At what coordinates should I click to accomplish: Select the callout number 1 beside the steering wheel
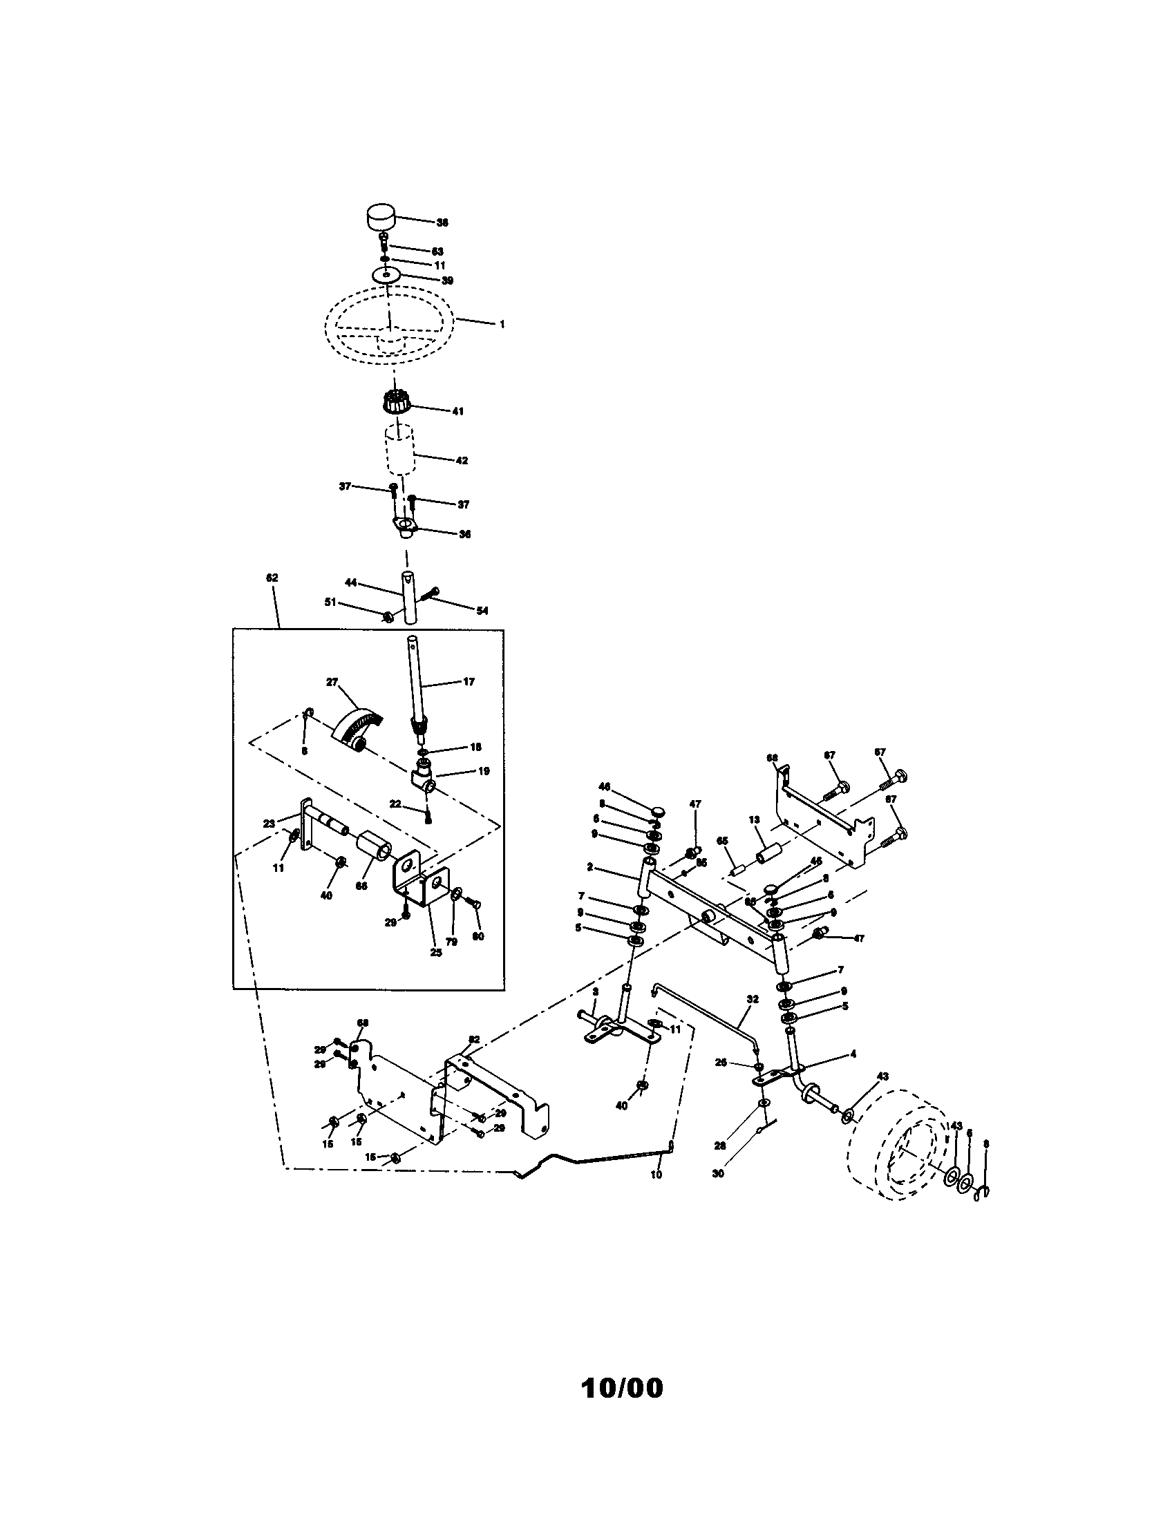click(502, 324)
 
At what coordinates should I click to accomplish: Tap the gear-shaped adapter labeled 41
click(397, 402)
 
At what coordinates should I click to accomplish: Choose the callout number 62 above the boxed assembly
click(272, 578)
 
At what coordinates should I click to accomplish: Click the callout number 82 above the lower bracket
click(474, 1058)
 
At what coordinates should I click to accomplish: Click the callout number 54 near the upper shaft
click(482, 611)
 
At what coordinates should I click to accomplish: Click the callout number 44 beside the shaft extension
click(351, 581)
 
